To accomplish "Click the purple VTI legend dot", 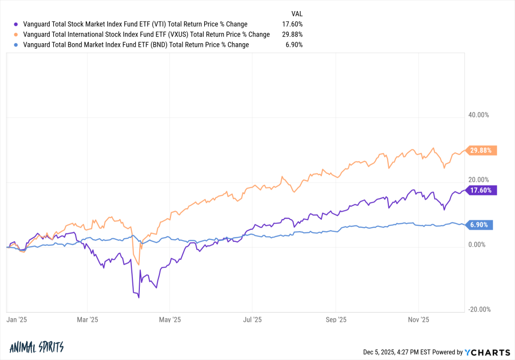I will coord(17,24).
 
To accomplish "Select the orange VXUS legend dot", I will coord(17,35).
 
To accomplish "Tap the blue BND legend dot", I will coord(17,45).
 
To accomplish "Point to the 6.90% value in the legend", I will coord(294,45).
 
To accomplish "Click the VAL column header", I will coord(297,14).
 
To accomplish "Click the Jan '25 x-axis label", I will coord(17,319).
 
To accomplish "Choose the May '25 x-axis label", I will coord(169,319).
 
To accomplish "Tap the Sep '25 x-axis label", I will coord(335,319).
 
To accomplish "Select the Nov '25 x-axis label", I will coord(418,319).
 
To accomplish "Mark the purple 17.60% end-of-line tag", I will coord(482,190).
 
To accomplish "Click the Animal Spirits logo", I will coord(36,347).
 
